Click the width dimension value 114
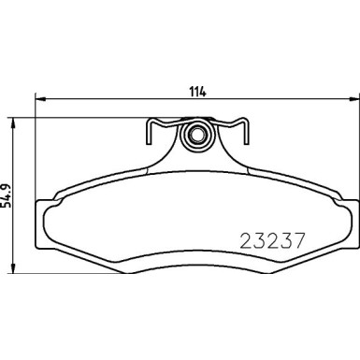click(197, 91)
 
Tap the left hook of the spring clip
click(151, 134)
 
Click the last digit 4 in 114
click(203, 91)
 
